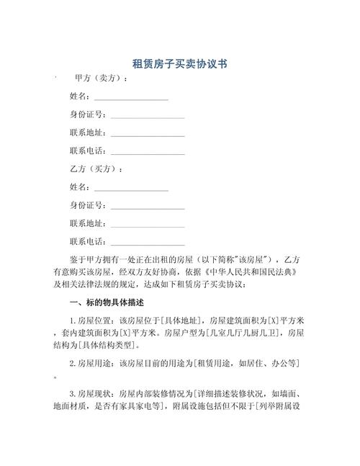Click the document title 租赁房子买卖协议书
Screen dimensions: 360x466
click(180, 64)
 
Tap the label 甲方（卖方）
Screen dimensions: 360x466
click(102, 79)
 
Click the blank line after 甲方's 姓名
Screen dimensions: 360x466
click(130, 97)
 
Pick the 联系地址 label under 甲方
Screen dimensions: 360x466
click(87, 133)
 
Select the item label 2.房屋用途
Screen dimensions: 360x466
click(92, 364)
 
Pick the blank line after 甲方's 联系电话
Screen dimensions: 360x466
click(147, 152)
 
